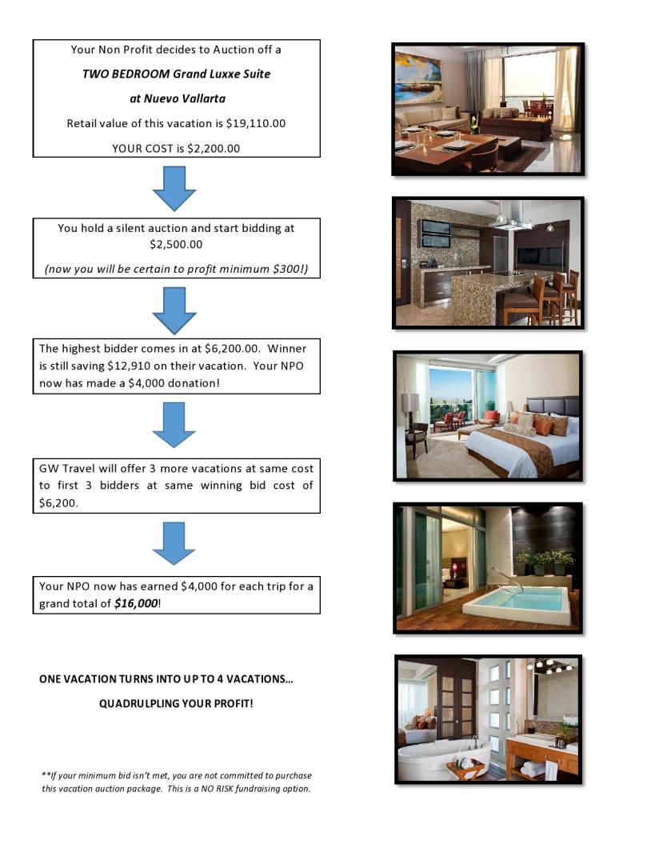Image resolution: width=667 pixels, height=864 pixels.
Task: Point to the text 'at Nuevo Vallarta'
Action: click(x=177, y=99)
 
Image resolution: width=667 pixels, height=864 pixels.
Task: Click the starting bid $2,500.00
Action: click(x=176, y=244)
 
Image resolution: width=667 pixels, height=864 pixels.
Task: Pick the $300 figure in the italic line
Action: click(x=286, y=269)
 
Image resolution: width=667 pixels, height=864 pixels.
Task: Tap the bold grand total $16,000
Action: click(x=136, y=604)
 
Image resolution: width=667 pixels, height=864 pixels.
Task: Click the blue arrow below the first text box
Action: click(x=174, y=189)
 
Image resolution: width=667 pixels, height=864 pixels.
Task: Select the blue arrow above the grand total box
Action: click(x=174, y=544)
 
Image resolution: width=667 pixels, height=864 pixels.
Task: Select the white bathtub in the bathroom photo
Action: click(x=432, y=760)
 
